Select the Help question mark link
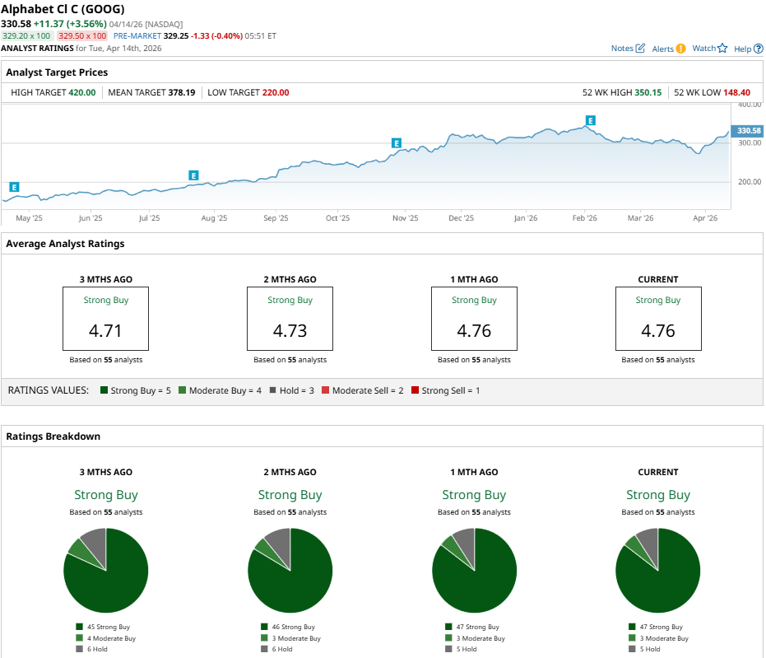click(x=747, y=49)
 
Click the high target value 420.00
click(x=82, y=92)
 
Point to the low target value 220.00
click(x=276, y=92)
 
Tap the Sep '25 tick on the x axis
click(x=276, y=218)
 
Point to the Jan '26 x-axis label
click(x=525, y=218)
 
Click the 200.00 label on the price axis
click(x=748, y=182)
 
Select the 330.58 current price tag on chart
click(x=749, y=131)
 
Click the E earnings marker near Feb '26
click(x=590, y=121)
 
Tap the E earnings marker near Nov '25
click(x=397, y=143)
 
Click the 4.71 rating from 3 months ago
click(x=106, y=331)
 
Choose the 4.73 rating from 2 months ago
click(x=290, y=331)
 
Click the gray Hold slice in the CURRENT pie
click(x=648, y=541)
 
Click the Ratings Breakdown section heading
click(x=53, y=436)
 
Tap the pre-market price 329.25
click(x=176, y=36)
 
